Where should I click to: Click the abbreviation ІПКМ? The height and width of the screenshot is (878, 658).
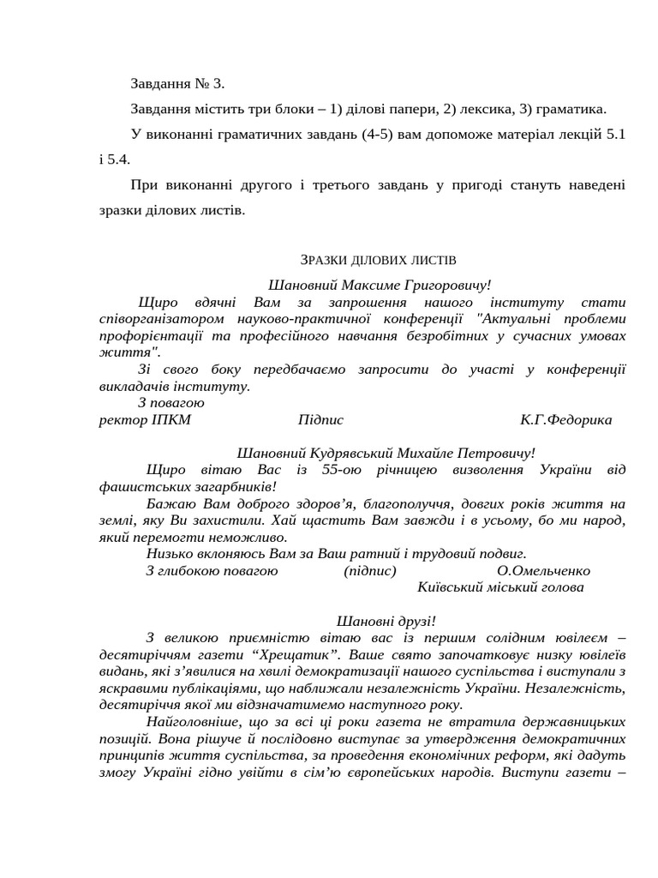pyautogui.click(x=171, y=420)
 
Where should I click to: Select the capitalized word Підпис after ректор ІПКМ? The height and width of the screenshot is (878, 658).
pyautogui.click(x=320, y=420)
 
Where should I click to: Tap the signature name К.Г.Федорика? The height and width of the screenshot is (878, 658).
pyautogui.click(x=565, y=420)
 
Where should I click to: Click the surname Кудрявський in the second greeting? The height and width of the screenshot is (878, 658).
pyautogui.click(x=343, y=453)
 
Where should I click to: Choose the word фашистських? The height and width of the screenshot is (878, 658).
pyautogui.click(x=139, y=486)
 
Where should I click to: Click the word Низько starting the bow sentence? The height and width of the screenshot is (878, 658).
pyautogui.click(x=169, y=554)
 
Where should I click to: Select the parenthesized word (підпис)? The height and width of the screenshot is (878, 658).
pyautogui.click(x=370, y=571)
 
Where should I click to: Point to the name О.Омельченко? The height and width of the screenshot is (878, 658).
pyautogui.click(x=543, y=571)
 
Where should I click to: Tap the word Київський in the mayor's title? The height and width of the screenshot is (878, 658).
pyautogui.click(x=450, y=587)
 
